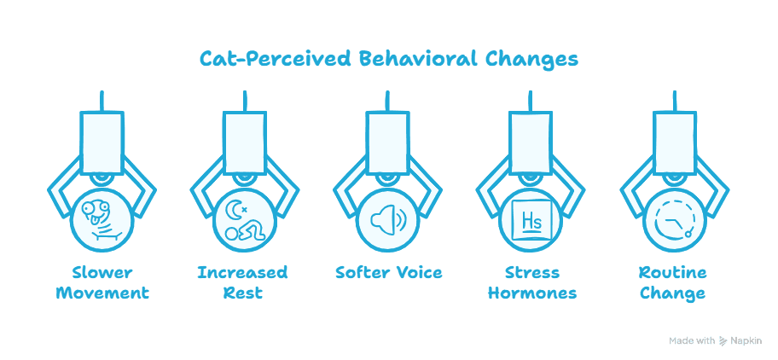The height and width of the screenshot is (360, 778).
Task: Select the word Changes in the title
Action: pos(531,60)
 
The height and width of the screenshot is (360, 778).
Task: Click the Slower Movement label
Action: pos(102,282)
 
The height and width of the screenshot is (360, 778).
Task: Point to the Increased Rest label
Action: pos(242,282)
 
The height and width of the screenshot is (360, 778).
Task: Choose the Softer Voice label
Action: pos(388,273)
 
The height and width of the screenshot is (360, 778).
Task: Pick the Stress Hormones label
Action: pos(532,282)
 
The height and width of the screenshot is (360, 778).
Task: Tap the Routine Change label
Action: pos(672,282)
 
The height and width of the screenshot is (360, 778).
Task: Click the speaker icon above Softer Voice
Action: pos(388,220)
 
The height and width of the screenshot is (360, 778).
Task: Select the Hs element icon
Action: pos(531,220)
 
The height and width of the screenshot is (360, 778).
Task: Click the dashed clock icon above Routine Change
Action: pos(674,221)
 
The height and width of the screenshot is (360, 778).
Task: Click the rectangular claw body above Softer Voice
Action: pos(388,142)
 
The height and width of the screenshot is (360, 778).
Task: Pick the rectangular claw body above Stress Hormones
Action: pos(531,142)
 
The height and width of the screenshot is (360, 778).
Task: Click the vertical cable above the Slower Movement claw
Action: pos(102,102)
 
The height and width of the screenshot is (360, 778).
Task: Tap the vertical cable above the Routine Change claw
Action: pos(674,102)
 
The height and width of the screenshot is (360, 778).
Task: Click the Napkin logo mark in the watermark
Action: pos(723,340)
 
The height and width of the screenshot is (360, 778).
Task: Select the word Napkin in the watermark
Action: pos(746,340)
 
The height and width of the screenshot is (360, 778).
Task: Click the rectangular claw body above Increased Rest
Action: pos(245,142)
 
